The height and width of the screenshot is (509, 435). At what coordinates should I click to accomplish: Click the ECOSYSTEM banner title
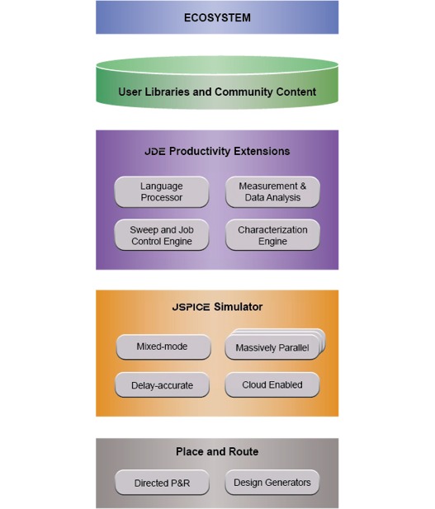217,17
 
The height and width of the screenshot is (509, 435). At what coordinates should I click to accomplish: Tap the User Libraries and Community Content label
217,92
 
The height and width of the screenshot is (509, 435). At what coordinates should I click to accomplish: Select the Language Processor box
162,192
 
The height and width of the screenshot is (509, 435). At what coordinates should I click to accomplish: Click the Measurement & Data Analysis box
272,192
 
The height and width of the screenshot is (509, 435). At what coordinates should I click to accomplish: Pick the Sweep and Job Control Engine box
162,235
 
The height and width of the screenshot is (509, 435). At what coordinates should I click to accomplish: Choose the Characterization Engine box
272,235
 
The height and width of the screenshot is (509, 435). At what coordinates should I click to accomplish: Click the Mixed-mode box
163,346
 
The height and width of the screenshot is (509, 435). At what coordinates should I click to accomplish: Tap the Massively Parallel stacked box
275,345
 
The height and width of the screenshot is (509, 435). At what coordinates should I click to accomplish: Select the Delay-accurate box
162,385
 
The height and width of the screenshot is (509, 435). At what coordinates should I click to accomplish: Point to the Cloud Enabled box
272,384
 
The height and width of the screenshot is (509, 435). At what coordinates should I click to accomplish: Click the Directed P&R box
162,483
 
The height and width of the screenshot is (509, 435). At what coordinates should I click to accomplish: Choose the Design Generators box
272,483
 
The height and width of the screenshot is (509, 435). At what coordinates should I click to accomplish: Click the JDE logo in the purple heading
155,151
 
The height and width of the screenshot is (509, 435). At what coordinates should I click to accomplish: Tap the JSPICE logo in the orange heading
191,307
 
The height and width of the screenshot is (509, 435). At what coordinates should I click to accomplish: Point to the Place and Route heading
217,451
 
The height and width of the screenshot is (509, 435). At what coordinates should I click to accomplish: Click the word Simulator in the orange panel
238,307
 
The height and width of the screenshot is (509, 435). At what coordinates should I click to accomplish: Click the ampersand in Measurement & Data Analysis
303,186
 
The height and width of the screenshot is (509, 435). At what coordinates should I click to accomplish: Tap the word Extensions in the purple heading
262,151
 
